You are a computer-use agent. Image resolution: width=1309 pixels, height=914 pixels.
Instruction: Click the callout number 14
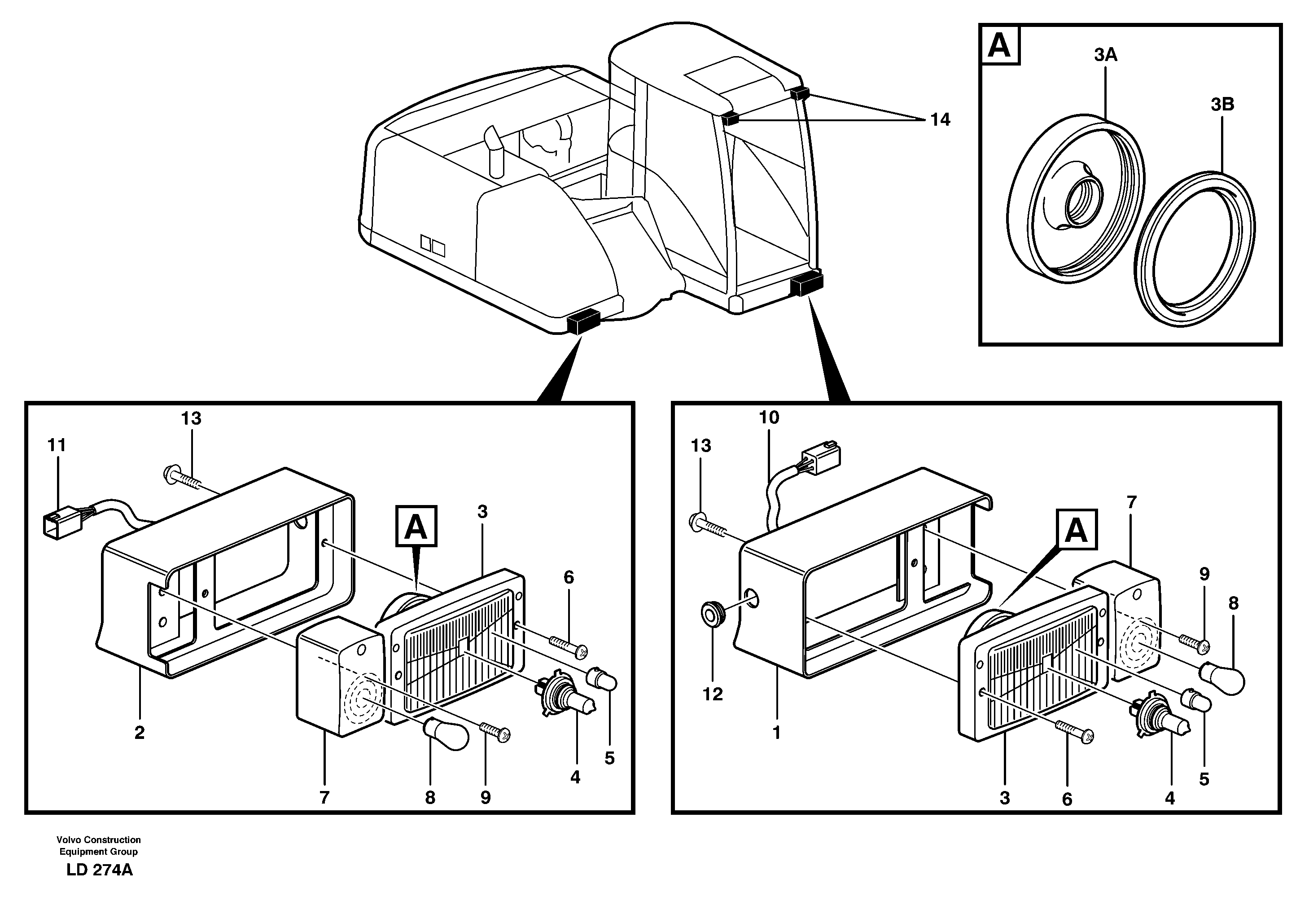(940, 120)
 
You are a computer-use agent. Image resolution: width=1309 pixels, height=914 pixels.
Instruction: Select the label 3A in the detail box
(1105, 55)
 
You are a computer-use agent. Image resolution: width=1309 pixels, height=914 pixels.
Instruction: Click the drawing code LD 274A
(99, 870)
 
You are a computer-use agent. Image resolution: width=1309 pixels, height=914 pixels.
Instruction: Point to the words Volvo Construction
(98, 839)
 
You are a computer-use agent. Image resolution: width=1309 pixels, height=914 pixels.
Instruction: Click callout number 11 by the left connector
(57, 445)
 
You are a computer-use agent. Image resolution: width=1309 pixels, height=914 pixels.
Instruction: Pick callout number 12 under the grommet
(713, 694)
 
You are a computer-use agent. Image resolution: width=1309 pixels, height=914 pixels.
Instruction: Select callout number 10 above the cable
(769, 417)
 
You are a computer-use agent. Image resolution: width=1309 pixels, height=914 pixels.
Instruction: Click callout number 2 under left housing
(140, 733)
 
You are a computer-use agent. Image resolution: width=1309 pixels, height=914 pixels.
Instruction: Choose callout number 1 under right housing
(776, 733)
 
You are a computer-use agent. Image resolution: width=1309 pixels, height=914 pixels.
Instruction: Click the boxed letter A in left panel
(416, 526)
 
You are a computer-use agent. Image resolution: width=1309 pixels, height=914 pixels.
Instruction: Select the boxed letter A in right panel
(1076, 530)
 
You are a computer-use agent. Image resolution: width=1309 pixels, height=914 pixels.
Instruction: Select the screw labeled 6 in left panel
(567, 644)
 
